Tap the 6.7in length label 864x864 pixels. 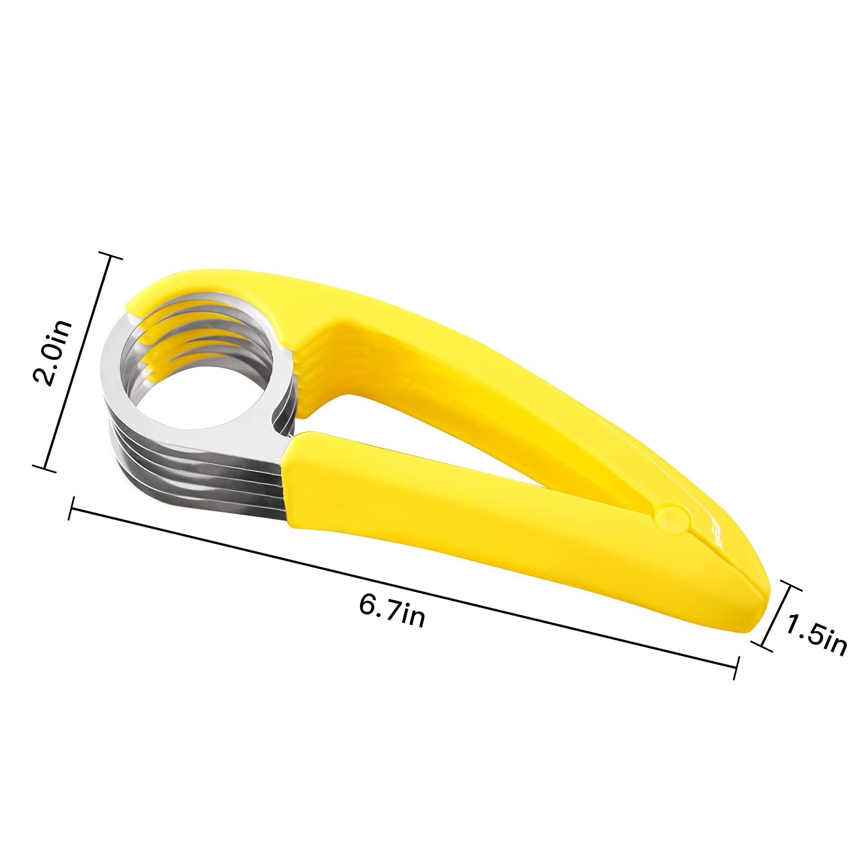392,611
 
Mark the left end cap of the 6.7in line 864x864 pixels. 71,509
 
